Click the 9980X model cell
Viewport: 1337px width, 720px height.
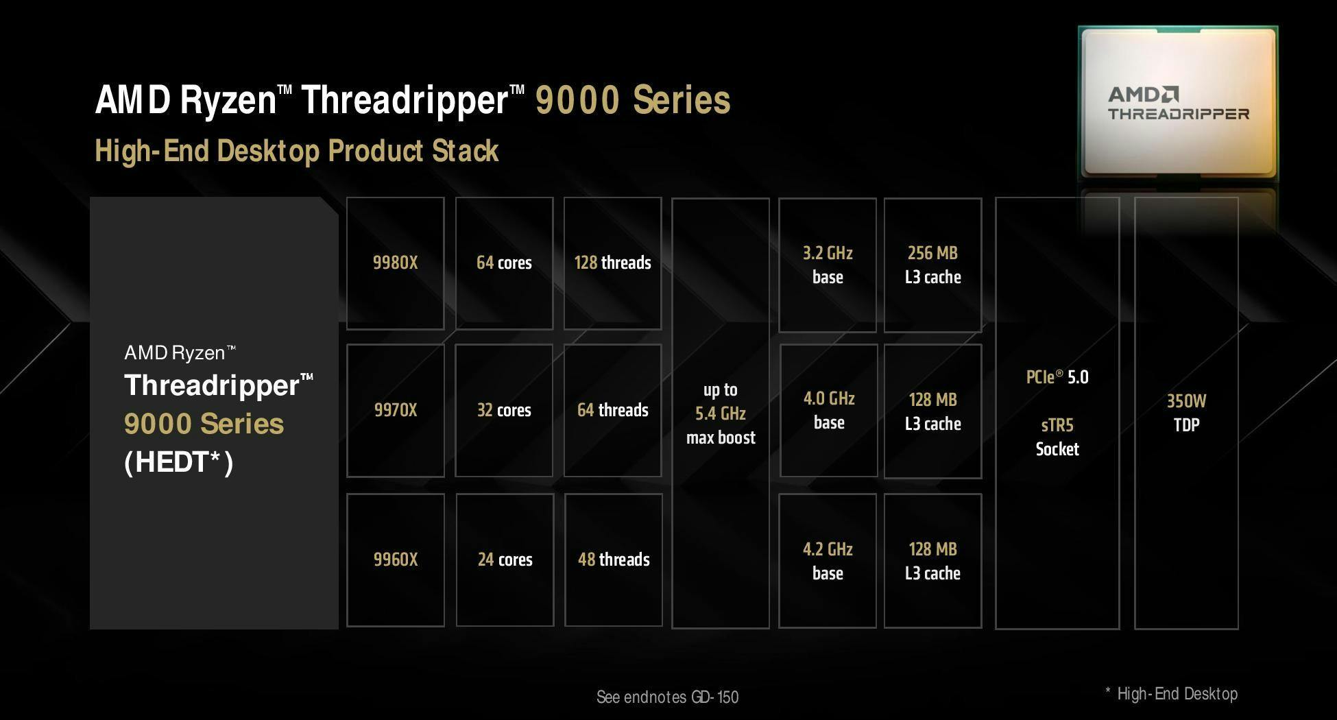[x=396, y=263]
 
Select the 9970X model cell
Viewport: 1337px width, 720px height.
[x=396, y=410]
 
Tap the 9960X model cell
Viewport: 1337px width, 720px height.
[x=396, y=560]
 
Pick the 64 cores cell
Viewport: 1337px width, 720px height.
[x=504, y=263]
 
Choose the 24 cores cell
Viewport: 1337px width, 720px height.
[x=505, y=560]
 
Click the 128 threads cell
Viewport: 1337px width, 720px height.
[x=613, y=263]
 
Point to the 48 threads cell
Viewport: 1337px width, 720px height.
[x=614, y=560]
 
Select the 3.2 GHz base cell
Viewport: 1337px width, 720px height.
[x=828, y=265]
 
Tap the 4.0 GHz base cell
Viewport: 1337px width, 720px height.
[x=829, y=410]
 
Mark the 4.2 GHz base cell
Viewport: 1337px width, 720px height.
[x=828, y=560]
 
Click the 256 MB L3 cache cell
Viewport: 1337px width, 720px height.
[x=933, y=265]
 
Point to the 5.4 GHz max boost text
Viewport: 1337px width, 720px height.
[x=721, y=413]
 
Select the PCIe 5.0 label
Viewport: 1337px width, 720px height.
[x=1057, y=376]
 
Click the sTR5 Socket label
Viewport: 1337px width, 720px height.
[x=1057, y=437]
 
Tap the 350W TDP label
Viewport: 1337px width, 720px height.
[x=1186, y=413]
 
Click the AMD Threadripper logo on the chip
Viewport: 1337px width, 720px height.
[x=1179, y=104]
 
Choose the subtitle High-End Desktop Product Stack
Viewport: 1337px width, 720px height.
[x=297, y=151]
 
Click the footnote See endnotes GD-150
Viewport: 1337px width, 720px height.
[x=667, y=697]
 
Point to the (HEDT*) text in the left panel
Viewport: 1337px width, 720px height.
[x=179, y=462]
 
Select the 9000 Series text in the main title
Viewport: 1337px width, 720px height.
[x=633, y=100]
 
